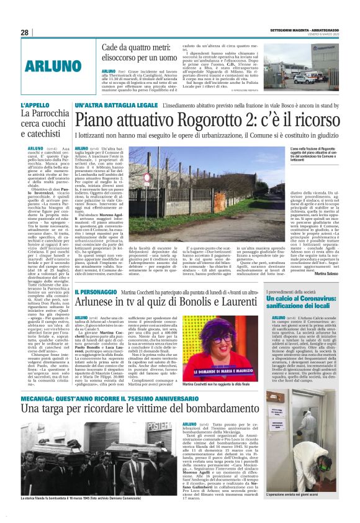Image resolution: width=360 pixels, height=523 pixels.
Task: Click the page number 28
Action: [x=25, y=32]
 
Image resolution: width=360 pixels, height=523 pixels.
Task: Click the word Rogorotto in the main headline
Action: [x=199, y=121]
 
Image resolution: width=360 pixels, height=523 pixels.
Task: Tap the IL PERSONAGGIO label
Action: [x=97, y=291]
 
